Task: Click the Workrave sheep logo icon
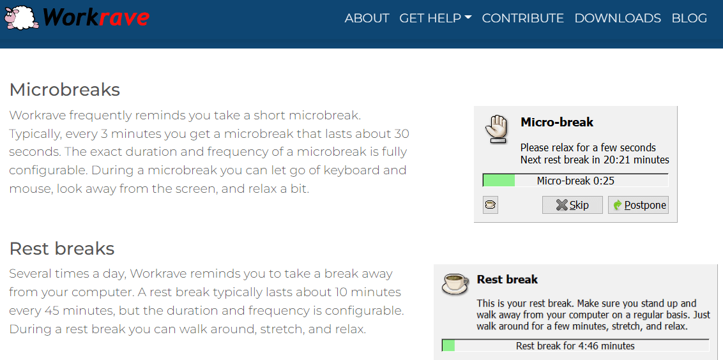[21, 18]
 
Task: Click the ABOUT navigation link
[367, 18]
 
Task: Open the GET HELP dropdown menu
[436, 18]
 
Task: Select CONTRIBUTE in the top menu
[523, 18]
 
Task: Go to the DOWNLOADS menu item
[618, 18]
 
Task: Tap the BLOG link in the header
[689, 18]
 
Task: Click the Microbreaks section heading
[65, 89]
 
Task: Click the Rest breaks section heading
[62, 248]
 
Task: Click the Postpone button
[638, 205]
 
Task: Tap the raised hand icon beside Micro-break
[496, 128]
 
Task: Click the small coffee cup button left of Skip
[491, 205]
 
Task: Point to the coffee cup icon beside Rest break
[455, 283]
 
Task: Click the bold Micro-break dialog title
[557, 122]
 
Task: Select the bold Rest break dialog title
[507, 280]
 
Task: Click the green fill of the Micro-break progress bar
[499, 180]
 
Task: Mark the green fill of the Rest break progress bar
[448, 345]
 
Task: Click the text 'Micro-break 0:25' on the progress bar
[575, 181]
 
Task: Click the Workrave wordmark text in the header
[96, 18]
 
